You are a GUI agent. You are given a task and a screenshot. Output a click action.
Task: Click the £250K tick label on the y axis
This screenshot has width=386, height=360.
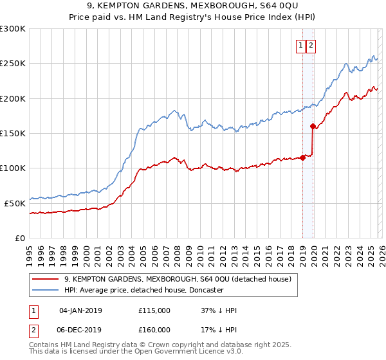13,64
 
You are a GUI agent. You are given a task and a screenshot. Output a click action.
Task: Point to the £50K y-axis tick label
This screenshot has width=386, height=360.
15,203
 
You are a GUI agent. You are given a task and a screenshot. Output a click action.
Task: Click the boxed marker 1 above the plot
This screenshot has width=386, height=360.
301,46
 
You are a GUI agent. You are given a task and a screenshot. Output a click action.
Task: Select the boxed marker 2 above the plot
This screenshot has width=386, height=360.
311,46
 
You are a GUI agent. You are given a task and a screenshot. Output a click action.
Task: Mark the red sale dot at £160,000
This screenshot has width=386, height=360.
313,127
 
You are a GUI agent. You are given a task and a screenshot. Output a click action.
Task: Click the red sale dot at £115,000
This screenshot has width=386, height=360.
302,157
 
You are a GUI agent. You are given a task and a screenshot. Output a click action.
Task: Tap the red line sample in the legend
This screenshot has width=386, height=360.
46,279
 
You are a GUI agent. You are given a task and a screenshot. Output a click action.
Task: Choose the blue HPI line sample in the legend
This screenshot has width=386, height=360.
46,290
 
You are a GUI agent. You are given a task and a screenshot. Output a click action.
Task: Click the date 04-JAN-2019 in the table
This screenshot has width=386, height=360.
80,310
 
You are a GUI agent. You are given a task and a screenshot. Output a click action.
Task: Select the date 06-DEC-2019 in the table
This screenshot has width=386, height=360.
80,330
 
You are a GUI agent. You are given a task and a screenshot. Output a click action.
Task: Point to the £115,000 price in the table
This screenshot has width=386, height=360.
154,310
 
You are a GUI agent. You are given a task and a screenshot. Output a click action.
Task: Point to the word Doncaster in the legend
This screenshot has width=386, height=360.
205,290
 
